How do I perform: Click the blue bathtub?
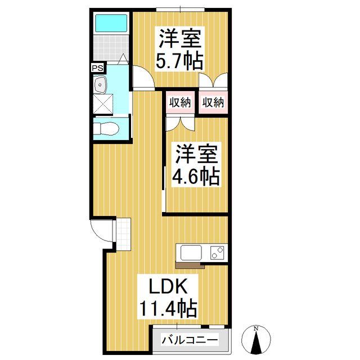(111, 24)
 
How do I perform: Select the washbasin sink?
(102, 86)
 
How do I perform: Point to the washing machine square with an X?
(103, 104)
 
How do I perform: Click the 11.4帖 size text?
(168, 308)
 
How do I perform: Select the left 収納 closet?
(179, 102)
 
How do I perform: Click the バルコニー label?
(190, 340)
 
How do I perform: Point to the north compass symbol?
(256, 339)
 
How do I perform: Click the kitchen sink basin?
(189, 253)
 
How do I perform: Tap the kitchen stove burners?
(217, 253)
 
